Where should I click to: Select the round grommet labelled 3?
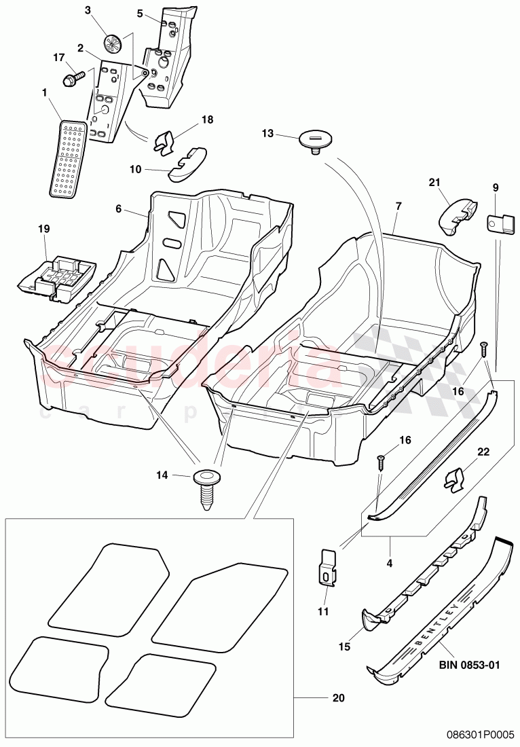[113, 44]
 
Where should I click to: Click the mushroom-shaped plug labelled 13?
[314, 140]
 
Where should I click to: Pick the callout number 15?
[345, 647]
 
